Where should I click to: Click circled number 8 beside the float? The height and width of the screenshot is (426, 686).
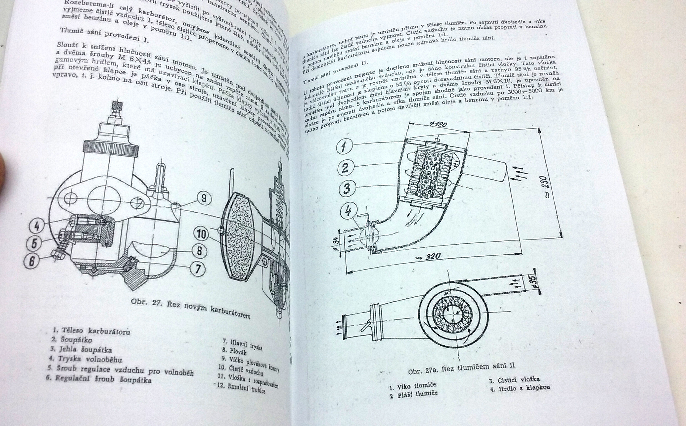[x=199, y=250]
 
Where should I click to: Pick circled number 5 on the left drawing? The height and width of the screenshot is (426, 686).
[x=34, y=243]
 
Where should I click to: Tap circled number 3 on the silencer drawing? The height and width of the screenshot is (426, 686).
[x=347, y=188]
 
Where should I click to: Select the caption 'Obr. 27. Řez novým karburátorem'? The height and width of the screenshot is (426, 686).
[x=191, y=308]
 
